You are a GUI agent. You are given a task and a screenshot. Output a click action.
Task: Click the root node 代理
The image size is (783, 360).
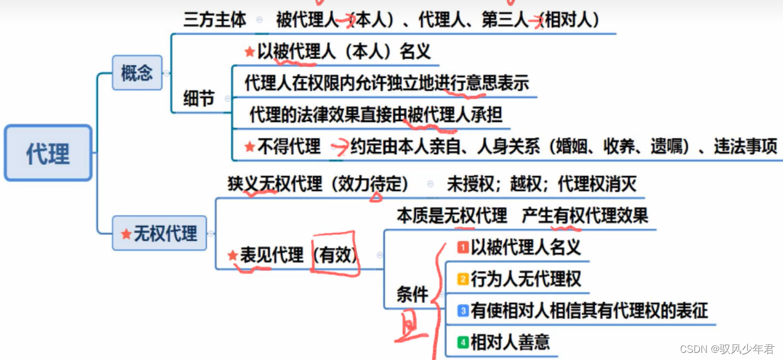coord(48,153)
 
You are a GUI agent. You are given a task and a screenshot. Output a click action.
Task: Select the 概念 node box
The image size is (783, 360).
coord(137,73)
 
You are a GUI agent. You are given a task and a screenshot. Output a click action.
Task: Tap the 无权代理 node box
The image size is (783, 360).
coord(159,233)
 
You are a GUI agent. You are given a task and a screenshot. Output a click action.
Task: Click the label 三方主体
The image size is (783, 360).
coord(215,20)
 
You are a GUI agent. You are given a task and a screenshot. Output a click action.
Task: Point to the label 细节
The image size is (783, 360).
coord(199,99)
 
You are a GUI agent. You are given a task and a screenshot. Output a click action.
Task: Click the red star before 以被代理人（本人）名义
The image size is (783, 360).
coord(250,52)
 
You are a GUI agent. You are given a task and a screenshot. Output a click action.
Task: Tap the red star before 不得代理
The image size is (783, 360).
coord(250,147)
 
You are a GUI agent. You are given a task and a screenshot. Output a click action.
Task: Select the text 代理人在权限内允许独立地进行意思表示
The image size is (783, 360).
coord(386,83)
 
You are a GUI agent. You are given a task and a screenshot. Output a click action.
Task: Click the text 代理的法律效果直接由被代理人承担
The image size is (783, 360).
coord(376,115)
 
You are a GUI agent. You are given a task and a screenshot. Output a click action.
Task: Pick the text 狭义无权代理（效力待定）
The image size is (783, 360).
coord(318,184)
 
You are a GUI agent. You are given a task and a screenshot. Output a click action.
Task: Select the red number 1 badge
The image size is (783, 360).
coord(463,248)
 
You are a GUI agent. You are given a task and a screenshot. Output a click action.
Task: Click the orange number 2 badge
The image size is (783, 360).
coord(463,280)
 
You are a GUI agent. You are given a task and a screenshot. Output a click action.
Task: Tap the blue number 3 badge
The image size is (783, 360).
coord(463,311)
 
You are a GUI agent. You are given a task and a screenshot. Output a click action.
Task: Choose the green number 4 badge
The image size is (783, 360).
coord(463,343)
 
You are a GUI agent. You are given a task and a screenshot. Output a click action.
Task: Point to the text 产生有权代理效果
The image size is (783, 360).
coord(585,216)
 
